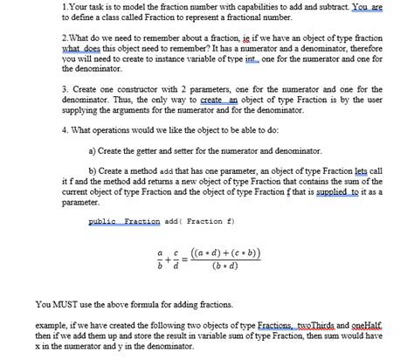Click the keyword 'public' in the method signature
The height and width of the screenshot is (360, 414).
click(x=104, y=221)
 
